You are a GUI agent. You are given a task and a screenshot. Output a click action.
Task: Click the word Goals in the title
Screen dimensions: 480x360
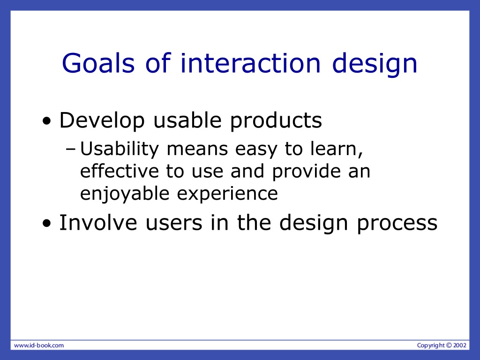coord(98,63)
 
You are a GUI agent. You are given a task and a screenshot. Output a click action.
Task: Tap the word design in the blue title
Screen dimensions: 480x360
coord(375,64)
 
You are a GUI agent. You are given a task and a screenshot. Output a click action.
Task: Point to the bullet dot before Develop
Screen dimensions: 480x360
coord(47,121)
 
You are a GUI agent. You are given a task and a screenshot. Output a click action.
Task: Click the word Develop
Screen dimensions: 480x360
coord(102,120)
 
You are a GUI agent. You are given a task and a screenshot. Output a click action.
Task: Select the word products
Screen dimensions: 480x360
coord(276,120)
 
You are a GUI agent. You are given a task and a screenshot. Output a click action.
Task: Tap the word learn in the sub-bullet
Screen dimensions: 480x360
coord(337,149)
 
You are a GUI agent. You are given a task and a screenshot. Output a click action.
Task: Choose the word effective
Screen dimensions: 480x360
coord(120,171)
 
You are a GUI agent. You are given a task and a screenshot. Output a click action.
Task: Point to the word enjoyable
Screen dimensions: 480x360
coord(125,194)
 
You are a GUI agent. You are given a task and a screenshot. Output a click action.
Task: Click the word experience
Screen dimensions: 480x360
coord(227,194)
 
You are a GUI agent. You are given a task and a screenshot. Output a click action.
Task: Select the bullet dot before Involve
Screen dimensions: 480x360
coord(47,224)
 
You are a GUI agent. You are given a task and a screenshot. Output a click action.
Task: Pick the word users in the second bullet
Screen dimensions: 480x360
coord(174,224)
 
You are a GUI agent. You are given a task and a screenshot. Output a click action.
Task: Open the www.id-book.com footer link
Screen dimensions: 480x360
coord(39,345)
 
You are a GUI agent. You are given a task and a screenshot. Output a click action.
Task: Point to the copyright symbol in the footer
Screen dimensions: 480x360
coord(449,345)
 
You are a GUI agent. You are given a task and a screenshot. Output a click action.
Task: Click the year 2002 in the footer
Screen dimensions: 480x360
coord(460,345)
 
